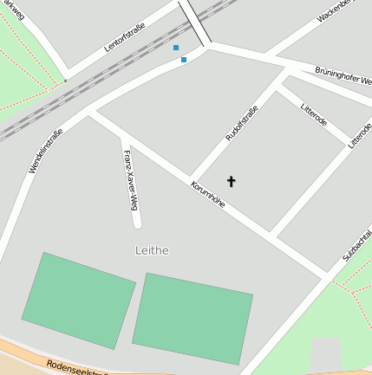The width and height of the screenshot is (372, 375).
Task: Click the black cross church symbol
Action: point(231,181)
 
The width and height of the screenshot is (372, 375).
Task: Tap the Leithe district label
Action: point(152,250)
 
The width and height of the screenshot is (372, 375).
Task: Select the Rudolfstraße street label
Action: point(241,124)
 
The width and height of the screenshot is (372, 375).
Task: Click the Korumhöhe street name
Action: point(208,193)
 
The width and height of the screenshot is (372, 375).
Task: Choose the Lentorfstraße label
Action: point(125,37)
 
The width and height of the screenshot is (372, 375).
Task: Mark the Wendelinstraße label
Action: point(46,151)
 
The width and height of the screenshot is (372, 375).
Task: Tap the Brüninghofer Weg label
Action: point(343,75)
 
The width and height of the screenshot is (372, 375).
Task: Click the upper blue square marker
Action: point(176,48)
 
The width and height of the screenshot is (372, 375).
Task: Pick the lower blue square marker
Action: point(184,60)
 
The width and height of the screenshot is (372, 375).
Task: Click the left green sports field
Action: point(79,300)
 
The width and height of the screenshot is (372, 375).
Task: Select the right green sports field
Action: point(193,317)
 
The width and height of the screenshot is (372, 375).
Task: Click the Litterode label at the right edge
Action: point(360,135)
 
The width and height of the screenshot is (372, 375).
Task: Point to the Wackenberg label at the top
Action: point(336,10)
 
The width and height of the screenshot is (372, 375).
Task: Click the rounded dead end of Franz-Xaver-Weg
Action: point(137,223)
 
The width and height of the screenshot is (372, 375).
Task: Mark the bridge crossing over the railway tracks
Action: point(195,23)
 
